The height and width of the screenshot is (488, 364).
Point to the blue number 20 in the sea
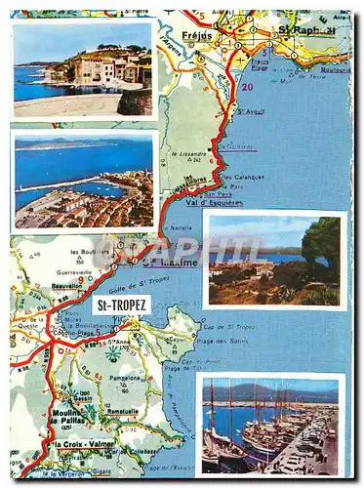[246, 87]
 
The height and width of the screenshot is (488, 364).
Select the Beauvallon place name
[66, 284]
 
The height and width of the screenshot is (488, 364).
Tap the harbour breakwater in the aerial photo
[68, 183]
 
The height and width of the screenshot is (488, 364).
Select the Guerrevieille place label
[53, 272]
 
